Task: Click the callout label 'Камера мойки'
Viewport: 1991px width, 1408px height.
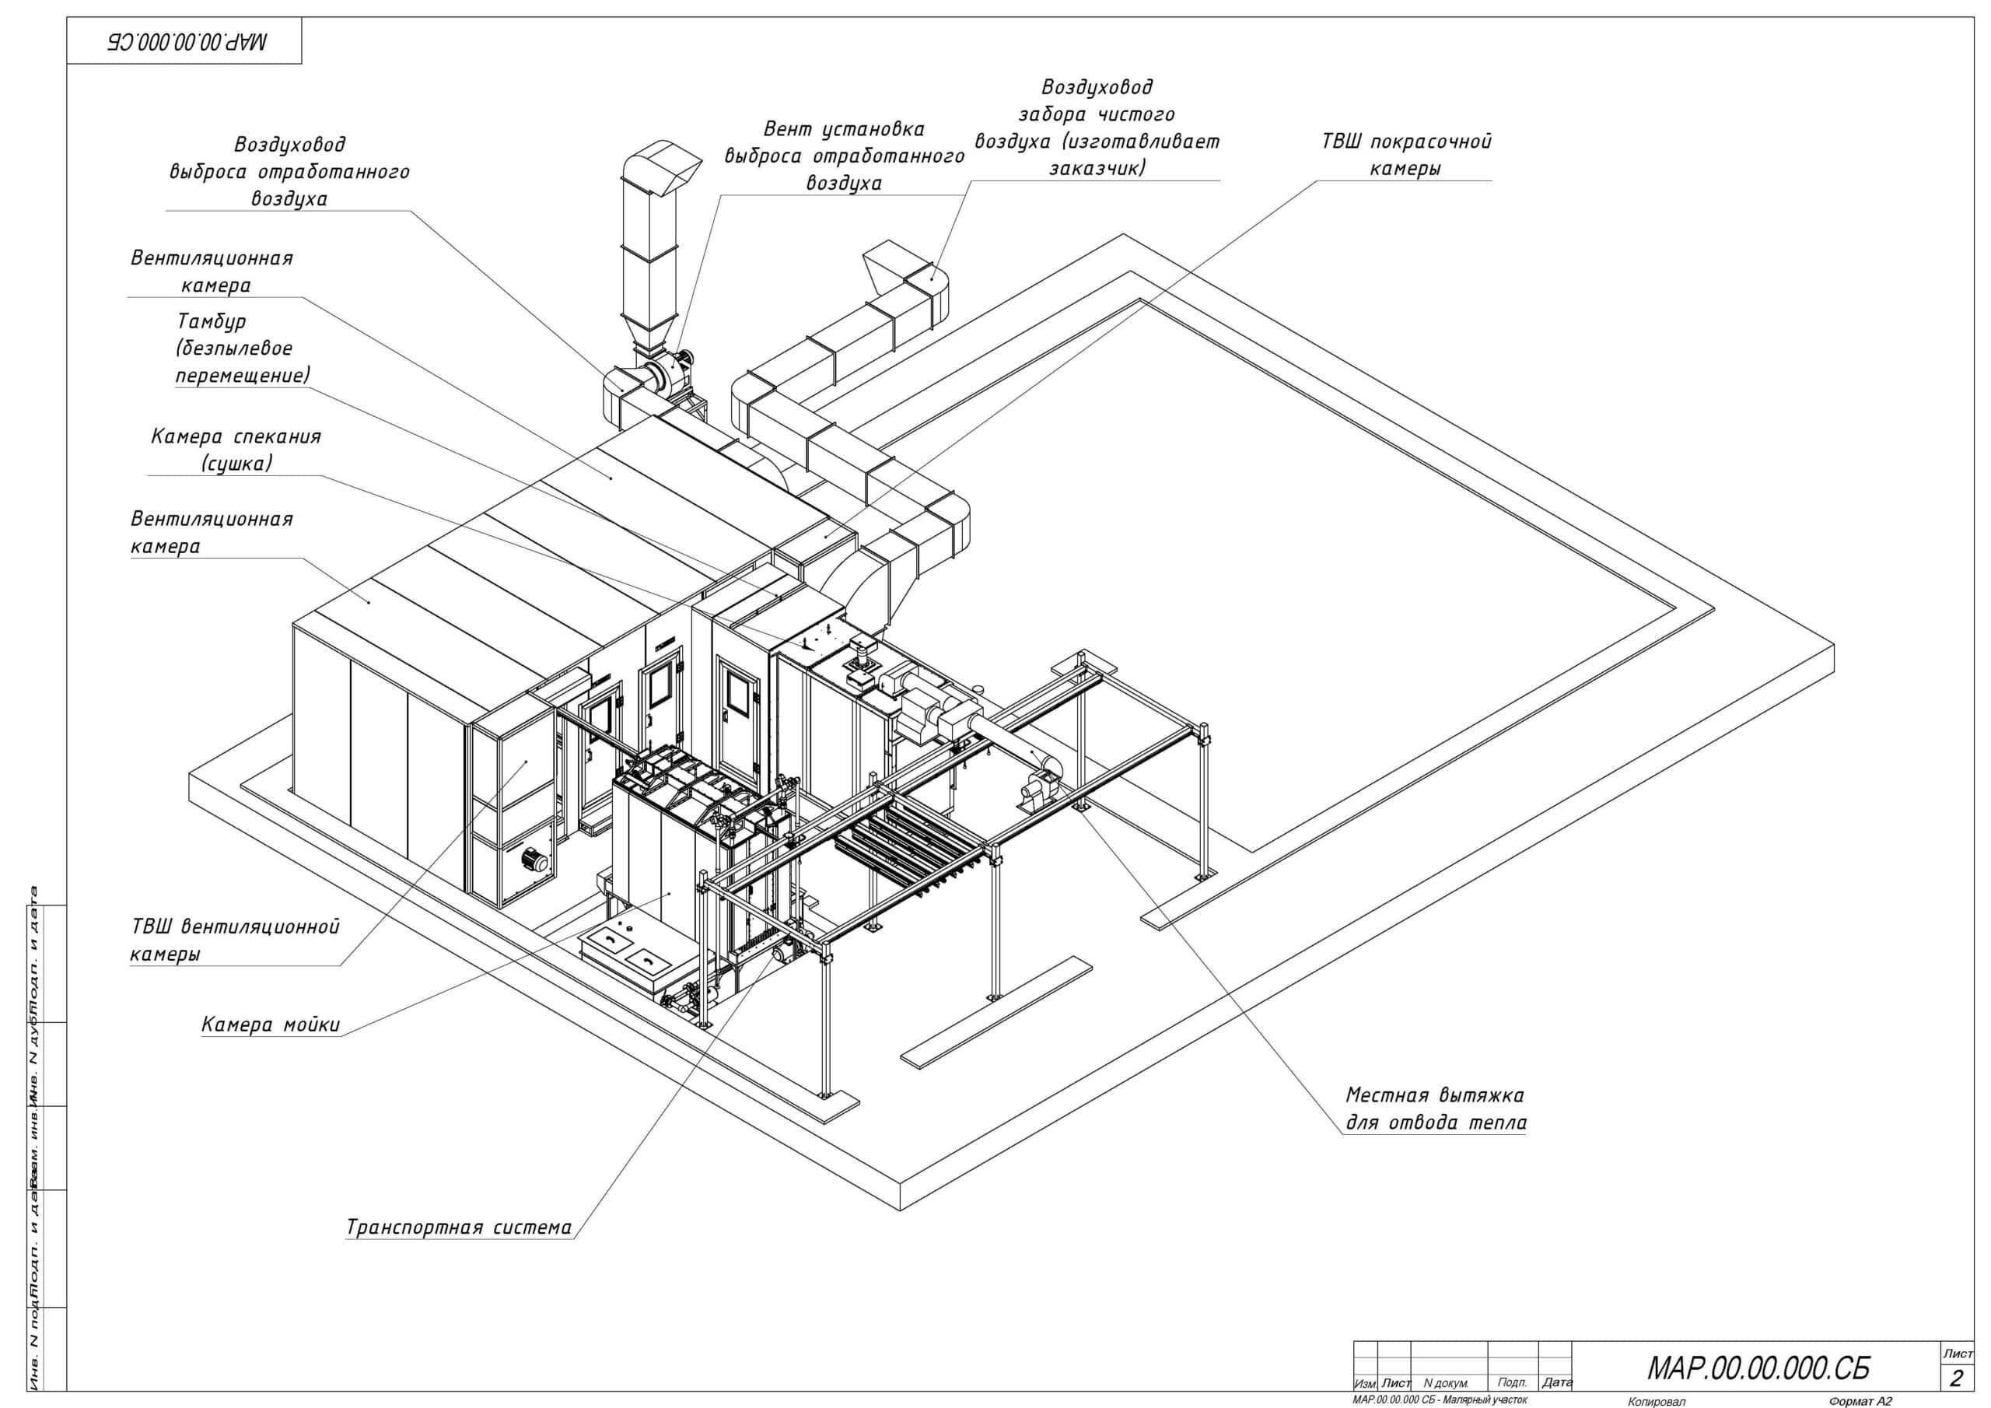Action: point(271,1024)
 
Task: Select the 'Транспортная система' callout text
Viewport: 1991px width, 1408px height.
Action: point(459,1228)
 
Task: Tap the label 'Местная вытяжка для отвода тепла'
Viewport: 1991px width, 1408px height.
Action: point(1435,1109)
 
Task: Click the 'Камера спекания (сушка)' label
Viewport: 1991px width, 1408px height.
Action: point(236,450)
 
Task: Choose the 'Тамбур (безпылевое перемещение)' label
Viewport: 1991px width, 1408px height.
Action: point(243,348)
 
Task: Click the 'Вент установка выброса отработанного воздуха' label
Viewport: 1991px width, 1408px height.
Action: point(844,156)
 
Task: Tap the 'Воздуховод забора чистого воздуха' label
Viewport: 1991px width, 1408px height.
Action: point(1097,127)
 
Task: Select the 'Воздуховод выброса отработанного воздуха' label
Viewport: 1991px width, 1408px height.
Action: point(289,171)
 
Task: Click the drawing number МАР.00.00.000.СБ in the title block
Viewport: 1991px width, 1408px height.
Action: point(1758,1368)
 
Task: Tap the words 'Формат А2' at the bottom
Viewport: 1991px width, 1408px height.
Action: point(1860,1401)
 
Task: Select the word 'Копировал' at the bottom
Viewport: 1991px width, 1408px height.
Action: point(1657,1401)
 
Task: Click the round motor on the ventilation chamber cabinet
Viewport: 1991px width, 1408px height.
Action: point(530,860)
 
